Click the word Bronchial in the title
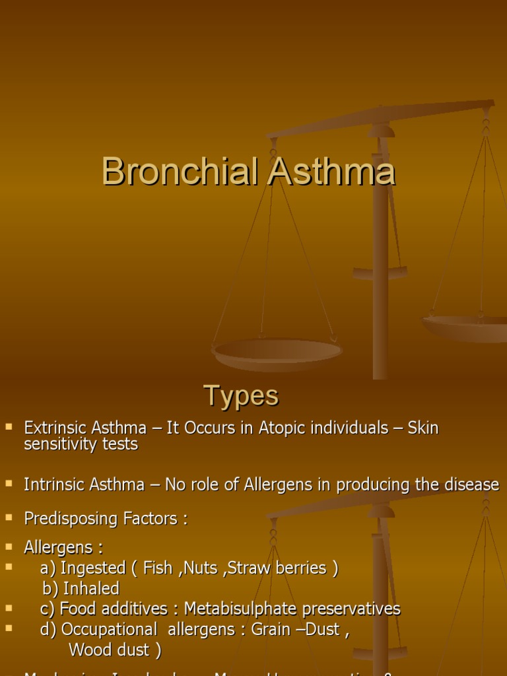pos(180,172)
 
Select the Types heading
pos(241,396)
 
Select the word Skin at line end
pos(423,428)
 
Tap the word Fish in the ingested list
pos(158,568)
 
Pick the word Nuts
pos(199,568)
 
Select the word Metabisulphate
pos(240,609)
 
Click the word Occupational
pos(109,630)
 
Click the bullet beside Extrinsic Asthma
pos(9,427)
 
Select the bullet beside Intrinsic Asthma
pos(9,484)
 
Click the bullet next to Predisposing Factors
pos(9,518)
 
